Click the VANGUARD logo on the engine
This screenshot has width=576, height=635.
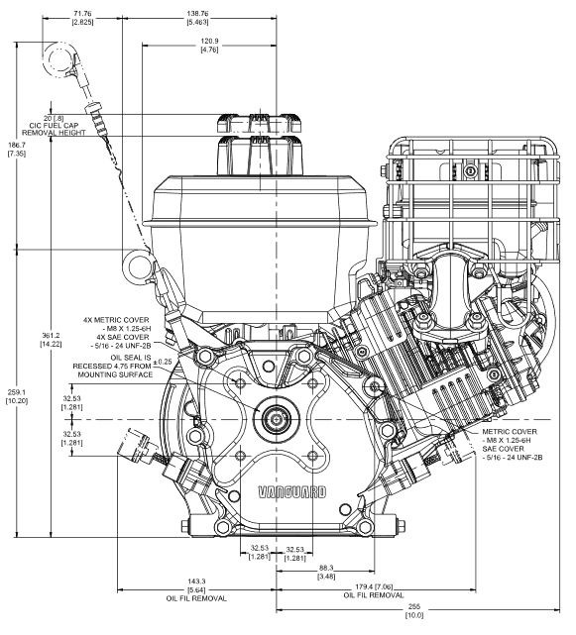click(x=292, y=492)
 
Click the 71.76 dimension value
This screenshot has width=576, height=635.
click(x=82, y=13)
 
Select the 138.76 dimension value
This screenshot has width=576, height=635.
click(x=198, y=13)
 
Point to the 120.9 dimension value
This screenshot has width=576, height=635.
click(x=209, y=41)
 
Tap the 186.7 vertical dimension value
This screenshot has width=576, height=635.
click(x=17, y=145)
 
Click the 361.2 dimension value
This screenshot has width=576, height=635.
click(x=51, y=335)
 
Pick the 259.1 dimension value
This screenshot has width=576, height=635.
click(x=17, y=392)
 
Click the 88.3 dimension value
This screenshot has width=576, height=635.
click(x=326, y=569)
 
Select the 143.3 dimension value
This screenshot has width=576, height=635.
click(x=196, y=582)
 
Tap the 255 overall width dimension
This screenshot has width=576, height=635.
click(x=414, y=606)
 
